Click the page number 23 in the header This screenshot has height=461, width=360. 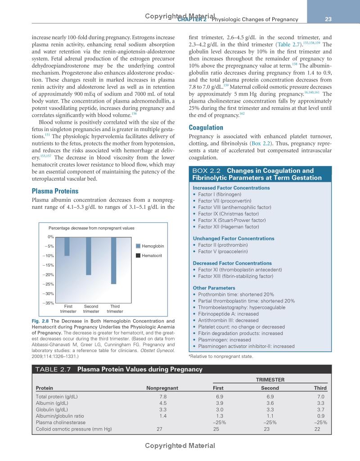(x=328, y=19)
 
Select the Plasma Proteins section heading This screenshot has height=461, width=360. (x=55, y=191)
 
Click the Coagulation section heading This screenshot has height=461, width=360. (x=206, y=127)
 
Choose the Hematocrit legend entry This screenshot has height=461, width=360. (x=150, y=256)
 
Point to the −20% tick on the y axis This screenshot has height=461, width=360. (x=48, y=275)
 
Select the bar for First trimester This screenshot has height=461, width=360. (x=67, y=246)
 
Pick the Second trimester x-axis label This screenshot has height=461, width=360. (x=91, y=309)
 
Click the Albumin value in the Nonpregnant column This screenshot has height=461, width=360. (x=163, y=403)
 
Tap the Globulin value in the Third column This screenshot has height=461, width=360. (x=320, y=410)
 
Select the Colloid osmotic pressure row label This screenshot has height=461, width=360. (x=73, y=429)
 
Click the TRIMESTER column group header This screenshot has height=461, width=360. (x=270, y=380)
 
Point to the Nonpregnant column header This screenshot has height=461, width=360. (x=162, y=388)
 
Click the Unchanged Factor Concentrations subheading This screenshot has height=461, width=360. (x=234, y=239)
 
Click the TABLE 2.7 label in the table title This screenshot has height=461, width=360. (x=54, y=370)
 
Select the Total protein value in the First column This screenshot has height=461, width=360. (x=220, y=397)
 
